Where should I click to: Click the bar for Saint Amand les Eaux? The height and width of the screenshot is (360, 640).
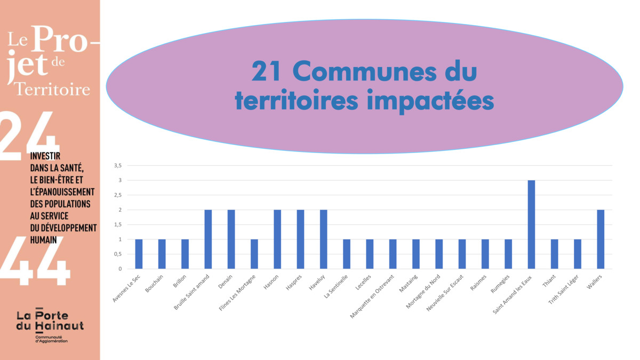click(531, 225)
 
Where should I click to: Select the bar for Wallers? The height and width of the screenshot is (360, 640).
click(601, 239)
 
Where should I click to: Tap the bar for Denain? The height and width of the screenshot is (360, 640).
click(231, 239)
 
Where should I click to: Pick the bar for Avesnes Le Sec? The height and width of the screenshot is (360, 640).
click(139, 254)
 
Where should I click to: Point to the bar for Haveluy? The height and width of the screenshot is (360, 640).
click(323, 239)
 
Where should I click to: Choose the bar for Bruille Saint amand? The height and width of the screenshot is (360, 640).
click(208, 239)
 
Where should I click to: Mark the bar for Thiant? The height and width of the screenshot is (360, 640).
click(554, 254)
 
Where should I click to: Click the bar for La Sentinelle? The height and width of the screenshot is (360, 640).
click(347, 254)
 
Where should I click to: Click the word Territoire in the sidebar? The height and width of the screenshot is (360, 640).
click(52, 89)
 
